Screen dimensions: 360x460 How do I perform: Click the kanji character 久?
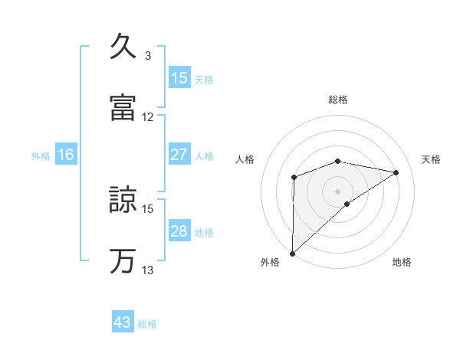click(x=123, y=47)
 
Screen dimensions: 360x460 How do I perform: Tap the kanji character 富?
click(x=123, y=108)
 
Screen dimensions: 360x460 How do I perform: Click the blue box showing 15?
click(x=179, y=78)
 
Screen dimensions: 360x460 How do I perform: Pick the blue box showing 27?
click(x=179, y=155)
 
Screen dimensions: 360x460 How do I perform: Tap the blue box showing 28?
click(x=179, y=231)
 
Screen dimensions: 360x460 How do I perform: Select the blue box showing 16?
click(x=66, y=155)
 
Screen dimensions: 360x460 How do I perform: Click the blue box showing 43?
click(x=123, y=322)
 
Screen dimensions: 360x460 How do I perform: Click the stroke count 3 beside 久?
click(x=147, y=56)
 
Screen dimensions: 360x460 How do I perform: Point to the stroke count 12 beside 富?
click(x=148, y=117)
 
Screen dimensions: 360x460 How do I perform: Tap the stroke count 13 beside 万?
click(x=148, y=270)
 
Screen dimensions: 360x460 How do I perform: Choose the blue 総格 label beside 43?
click(x=147, y=324)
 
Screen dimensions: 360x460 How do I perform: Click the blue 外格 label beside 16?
click(x=41, y=156)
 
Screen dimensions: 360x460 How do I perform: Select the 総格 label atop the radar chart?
click(x=338, y=100)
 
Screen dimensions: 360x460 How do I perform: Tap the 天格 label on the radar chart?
click(x=431, y=159)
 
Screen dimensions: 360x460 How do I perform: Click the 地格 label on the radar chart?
click(x=402, y=262)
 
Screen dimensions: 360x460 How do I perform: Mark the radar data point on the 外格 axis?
click(x=292, y=253)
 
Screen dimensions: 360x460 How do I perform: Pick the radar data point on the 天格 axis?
click(x=396, y=172)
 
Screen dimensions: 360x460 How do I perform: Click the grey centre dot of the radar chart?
click(x=338, y=191)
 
